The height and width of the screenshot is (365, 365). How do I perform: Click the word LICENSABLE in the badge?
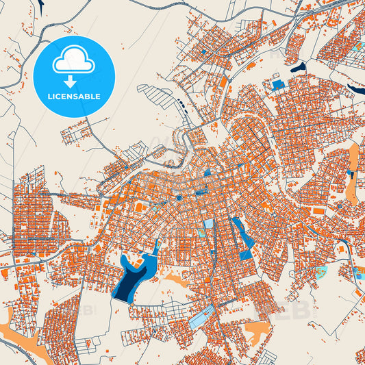tap(74, 97)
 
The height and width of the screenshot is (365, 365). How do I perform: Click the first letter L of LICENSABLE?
tap(49, 97)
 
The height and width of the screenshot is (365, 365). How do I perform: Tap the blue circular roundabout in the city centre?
tap(179, 198)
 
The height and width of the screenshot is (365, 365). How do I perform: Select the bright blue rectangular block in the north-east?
tap(278, 85)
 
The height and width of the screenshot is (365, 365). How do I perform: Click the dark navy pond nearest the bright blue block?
tap(298, 67)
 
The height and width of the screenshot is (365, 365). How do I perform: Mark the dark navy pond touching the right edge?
tap(356, 89)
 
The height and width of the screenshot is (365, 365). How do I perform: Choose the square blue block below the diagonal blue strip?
tap(246, 255)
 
